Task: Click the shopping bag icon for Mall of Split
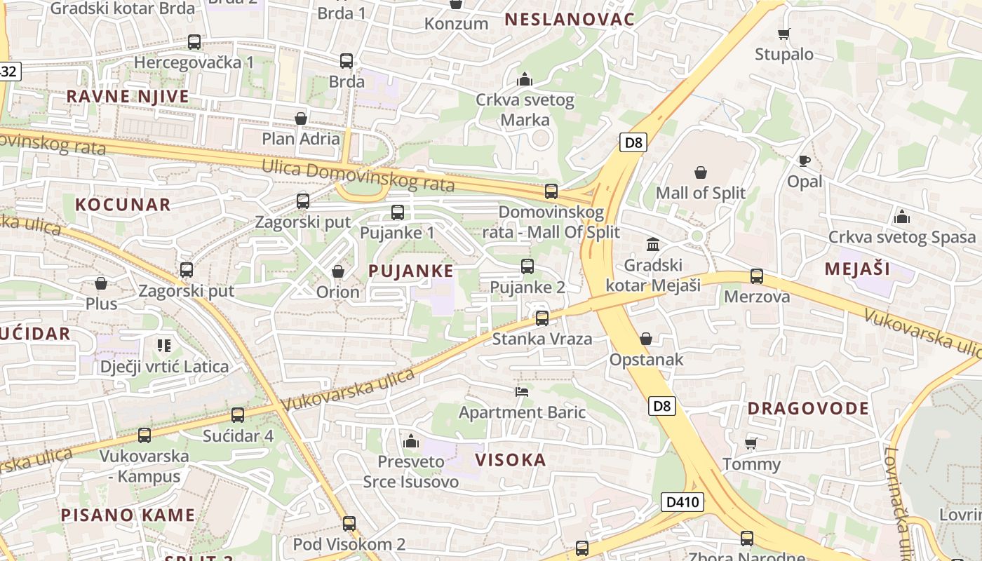pos(700,173)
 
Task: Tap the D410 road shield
pos(682,502)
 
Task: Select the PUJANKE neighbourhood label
pos(411,271)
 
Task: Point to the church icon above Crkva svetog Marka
pos(525,79)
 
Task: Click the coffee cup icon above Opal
pos(805,161)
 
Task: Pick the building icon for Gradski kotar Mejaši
pos(653,244)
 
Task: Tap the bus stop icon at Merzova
pos(756,276)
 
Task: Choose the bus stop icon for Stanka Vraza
pos(542,318)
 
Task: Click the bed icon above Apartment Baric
pos(522,391)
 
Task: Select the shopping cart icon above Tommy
pos(751,443)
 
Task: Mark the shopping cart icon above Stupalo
pos(784,34)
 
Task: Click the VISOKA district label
pos(511,460)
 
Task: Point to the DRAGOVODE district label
pos(808,408)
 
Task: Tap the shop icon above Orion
pos(337,271)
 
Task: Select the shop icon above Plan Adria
pos(301,119)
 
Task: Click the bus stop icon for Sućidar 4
pos(238,415)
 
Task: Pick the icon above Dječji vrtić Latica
pos(164,345)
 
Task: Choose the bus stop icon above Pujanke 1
pos(398,212)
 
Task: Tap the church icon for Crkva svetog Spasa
pos(902,217)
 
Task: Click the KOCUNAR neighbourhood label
pos(123,205)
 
